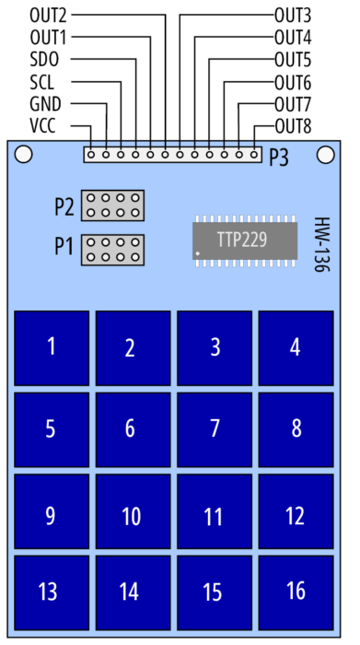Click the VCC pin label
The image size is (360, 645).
pos(42,126)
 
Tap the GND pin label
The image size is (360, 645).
pos(45,104)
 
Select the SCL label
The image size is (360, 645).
pos(42,82)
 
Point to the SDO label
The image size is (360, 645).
pos(44,60)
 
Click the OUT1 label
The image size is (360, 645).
pos(48,38)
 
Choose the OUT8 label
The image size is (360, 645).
pos(293,127)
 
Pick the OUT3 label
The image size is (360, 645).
pos(293,16)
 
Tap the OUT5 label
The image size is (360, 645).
pos(293,61)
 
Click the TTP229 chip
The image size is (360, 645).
pos(245,241)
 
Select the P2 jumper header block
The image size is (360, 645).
pos(112,205)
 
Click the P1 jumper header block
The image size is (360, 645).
pos(112,250)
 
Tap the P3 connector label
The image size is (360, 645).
pos(279,158)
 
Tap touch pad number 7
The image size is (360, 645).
pos(215,429)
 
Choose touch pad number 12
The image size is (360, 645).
pos(296,511)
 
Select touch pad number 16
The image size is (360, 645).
pos(296,592)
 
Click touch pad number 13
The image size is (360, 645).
pos(52,592)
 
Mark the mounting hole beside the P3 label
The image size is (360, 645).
pos(326,154)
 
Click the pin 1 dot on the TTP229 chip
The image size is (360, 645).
pos(198,253)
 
